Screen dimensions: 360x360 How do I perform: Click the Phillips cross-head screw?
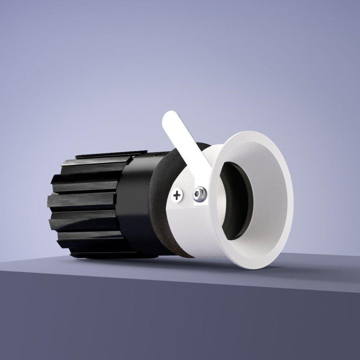click(x=177, y=196)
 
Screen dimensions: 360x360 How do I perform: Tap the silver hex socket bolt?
click(x=199, y=194)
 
